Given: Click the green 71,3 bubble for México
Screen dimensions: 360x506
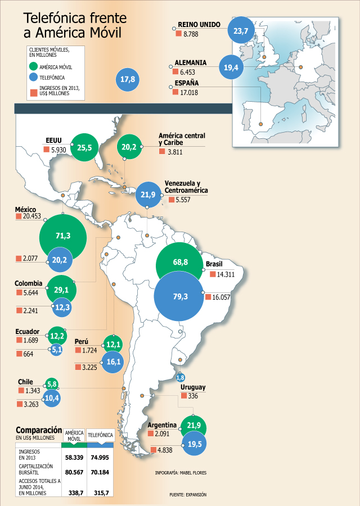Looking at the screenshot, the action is (x=63, y=237).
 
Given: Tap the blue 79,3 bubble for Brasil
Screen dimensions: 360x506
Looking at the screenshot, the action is (x=179, y=296).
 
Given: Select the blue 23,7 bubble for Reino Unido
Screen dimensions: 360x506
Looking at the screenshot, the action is (x=241, y=31).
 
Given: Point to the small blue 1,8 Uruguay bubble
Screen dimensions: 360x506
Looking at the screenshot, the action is (x=181, y=377).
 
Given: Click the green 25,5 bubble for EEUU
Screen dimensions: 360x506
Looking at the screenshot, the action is (x=84, y=147).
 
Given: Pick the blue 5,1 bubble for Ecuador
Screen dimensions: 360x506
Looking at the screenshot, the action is (x=56, y=350).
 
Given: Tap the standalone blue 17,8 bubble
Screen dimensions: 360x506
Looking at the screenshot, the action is (x=128, y=79).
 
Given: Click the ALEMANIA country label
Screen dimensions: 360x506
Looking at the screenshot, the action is (x=191, y=62).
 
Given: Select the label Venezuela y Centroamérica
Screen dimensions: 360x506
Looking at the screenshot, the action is (x=186, y=187).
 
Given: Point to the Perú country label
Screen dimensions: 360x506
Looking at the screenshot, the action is (x=82, y=341).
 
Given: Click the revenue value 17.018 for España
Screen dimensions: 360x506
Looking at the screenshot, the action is (x=189, y=93).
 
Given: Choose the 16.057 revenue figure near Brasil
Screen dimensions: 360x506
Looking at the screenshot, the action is (x=221, y=297).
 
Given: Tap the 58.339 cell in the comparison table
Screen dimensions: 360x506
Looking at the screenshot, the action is (x=74, y=457).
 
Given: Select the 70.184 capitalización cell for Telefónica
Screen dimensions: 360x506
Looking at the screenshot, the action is (x=100, y=472).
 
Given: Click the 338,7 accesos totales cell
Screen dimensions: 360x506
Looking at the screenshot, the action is (x=76, y=493).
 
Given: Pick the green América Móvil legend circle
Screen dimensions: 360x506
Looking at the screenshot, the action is (x=33, y=66).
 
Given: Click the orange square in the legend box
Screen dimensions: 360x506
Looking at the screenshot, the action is (x=33, y=93).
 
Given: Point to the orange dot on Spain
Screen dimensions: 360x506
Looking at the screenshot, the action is (x=261, y=124).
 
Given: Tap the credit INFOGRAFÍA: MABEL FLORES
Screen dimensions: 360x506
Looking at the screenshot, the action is (x=181, y=473).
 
